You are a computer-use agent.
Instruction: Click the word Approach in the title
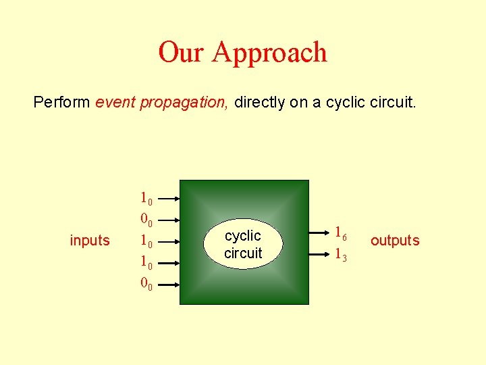[x=269, y=53]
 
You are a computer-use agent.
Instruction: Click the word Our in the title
[x=181, y=52]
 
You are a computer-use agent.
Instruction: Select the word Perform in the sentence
[x=61, y=102]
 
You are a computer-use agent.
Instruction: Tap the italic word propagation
[x=184, y=102]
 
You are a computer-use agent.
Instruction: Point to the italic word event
[x=115, y=102]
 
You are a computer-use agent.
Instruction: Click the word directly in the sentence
[x=260, y=102]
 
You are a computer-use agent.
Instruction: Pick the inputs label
[x=90, y=241]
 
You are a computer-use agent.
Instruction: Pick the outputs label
[x=395, y=241]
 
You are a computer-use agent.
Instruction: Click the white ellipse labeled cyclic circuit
[x=243, y=244]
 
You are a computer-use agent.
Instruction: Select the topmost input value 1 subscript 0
[x=146, y=199]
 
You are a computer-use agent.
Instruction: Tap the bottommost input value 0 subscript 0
[x=146, y=284]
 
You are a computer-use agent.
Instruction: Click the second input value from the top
[x=146, y=220]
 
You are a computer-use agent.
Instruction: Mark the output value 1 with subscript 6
[x=341, y=233]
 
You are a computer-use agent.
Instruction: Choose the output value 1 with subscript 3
[x=341, y=255]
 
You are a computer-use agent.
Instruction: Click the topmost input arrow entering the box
[x=170, y=199]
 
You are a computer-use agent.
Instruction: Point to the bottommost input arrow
[x=170, y=284]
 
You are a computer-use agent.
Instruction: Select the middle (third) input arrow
[x=170, y=241]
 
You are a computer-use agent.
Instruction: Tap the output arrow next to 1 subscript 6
[x=319, y=232]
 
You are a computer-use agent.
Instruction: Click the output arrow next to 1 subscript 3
[x=319, y=253]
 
